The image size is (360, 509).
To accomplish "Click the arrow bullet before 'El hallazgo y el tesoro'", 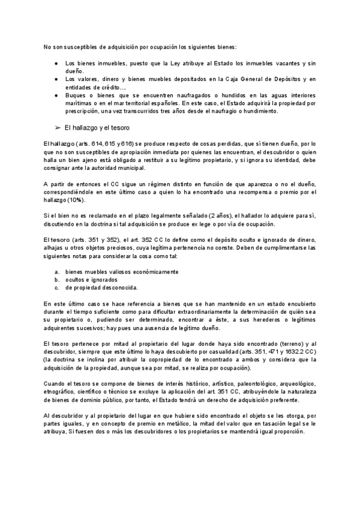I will [x=58, y=128].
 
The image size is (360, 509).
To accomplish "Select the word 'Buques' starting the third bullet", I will [x=74, y=95].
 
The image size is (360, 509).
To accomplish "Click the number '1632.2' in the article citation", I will [x=286, y=351].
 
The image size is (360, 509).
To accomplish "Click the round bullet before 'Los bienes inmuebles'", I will [x=56, y=63].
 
